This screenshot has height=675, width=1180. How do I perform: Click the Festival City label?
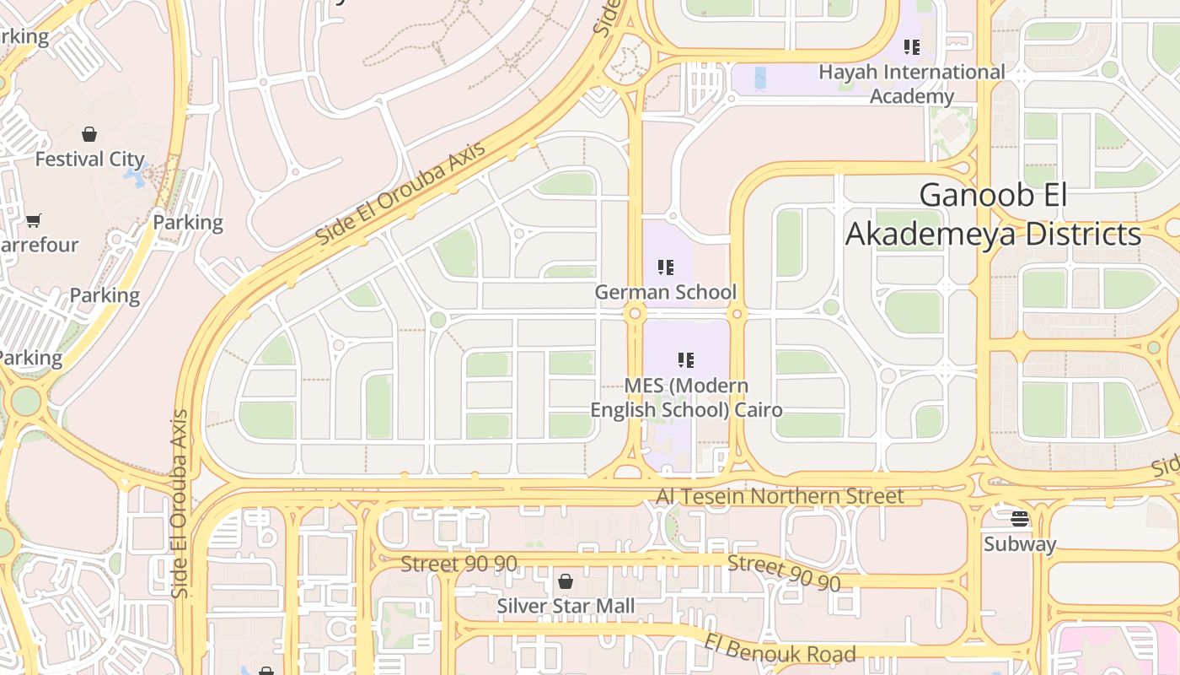pos(89,159)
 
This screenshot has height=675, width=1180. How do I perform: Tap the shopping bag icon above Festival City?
pos(89,134)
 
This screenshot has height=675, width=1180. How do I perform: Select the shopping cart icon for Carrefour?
pos(34,220)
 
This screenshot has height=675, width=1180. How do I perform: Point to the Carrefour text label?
pos(39,245)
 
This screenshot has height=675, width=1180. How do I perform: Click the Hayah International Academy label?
pos(911,84)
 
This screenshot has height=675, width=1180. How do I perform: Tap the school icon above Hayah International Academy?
pos(911,47)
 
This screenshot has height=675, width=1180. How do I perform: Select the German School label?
pos(665,292)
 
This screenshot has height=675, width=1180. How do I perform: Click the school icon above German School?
pos(666,267)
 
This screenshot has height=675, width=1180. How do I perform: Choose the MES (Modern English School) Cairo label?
pos(686,397)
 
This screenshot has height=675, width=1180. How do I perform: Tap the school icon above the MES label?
pos(686,361)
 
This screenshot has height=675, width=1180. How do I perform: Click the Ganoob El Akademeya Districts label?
pos(993,214)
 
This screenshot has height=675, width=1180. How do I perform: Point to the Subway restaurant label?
pos(1019,544)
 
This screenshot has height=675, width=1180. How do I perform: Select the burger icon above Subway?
pos(1020,518)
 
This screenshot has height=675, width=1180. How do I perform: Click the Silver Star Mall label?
pos(566,606)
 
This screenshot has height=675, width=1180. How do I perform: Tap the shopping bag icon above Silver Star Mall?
pos(566,581)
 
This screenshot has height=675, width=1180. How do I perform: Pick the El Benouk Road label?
pos(780,647)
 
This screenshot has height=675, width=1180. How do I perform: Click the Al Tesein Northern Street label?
pos(780,495)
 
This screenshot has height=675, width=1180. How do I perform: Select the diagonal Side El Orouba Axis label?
pos(400,195)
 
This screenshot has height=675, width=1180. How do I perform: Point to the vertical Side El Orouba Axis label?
pos(179,504)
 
